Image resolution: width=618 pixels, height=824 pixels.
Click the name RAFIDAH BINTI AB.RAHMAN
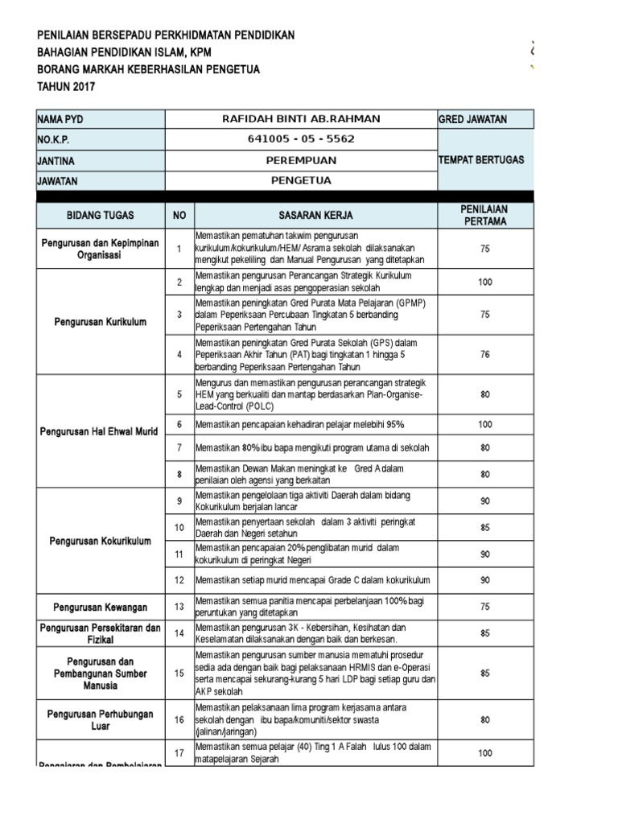[300, 119]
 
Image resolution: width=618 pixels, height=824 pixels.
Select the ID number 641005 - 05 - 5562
[300, 139]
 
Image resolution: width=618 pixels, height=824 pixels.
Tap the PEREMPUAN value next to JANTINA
[300, 161]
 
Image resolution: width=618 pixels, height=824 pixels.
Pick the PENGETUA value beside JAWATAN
[300, 181]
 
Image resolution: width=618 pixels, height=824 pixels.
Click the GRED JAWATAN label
[472, 119]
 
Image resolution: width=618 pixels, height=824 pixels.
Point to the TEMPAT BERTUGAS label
[480, 160]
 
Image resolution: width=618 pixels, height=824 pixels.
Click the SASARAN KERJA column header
[315, 216]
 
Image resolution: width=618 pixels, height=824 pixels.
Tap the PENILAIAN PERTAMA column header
[484, 215]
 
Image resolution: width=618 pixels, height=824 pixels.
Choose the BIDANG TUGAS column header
[100, 216]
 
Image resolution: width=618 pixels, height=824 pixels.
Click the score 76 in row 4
[484, 354]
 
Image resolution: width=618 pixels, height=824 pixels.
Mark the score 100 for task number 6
[484, 423]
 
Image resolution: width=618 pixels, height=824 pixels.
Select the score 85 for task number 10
[484, 528]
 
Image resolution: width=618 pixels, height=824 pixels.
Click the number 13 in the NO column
[179, 606]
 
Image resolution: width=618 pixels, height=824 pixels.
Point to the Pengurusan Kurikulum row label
[100, 322]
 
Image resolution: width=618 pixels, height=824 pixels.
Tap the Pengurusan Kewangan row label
[100, 606]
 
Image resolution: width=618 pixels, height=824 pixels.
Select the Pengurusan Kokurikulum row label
[100, 542]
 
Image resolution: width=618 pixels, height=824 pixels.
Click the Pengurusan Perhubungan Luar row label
[100, 719]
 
